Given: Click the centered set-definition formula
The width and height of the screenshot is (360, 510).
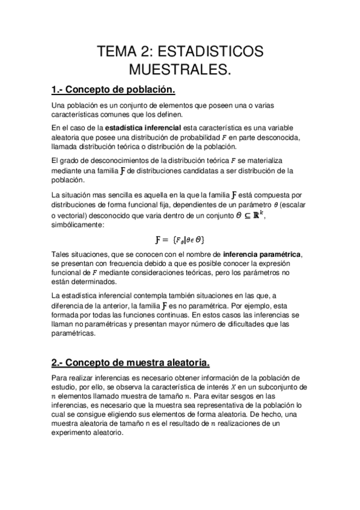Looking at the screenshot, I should tap(179, 240).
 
